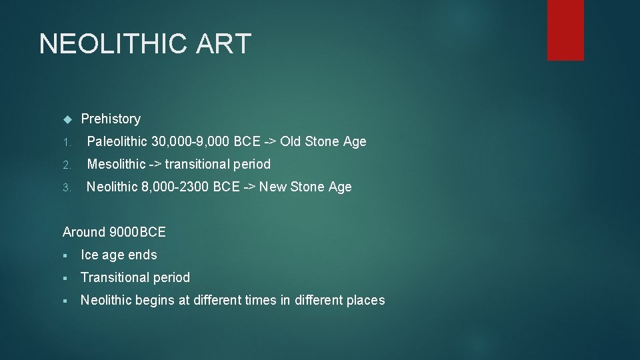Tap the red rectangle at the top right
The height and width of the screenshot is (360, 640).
[x=565, y=30]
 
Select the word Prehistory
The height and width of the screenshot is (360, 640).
[x=111, y=119]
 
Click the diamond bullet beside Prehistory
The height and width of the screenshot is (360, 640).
[x=66, y=119]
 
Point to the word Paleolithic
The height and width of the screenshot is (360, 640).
[x=117, y=141]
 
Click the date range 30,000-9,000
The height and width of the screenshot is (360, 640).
[x=191, y=141]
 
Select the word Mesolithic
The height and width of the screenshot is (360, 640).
[x=116, y=164]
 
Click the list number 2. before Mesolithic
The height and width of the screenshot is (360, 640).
[x=66, y=165]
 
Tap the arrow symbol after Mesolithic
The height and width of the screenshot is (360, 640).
[x=155, y=164]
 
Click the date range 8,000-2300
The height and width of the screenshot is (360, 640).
[x=175, y=187]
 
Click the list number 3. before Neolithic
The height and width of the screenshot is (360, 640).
[x=66, y=187]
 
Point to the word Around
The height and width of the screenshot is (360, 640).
[x=84, y=232]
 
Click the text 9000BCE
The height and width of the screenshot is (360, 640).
[x=138, y=232]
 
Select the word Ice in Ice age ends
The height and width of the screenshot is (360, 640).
[x=88, y=255]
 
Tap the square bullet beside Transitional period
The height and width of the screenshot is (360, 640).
[x=65, y=278]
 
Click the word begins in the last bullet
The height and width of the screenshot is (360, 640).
[x=153, y=300]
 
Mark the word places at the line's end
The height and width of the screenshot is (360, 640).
[x=366, y=300]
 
